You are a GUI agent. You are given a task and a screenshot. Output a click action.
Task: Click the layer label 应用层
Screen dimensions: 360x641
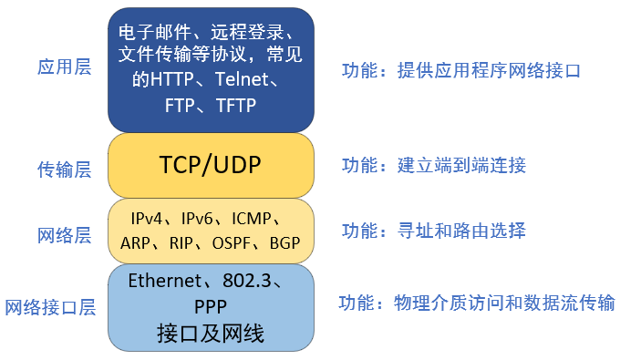64,67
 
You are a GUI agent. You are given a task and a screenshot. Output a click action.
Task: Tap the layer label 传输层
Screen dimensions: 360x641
64,170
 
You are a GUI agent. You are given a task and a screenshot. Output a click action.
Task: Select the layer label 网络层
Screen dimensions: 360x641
64,236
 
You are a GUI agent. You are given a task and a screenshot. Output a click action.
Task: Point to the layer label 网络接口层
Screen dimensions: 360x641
50,307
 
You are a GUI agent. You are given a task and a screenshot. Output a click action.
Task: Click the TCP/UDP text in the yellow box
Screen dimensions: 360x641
210,167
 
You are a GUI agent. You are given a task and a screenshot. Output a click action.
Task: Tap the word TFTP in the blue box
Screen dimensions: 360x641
236,105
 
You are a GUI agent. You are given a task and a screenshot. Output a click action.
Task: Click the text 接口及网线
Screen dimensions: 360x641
210,334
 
